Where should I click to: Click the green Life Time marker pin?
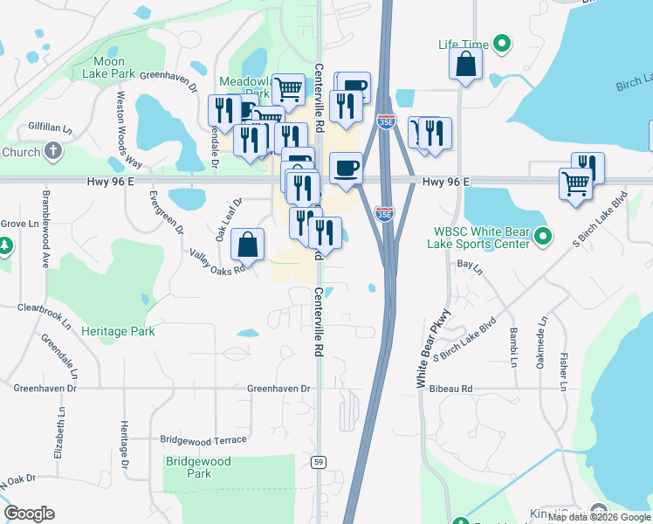pos(502,43)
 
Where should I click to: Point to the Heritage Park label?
pos(118,331)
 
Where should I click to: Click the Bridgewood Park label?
pos(198,467)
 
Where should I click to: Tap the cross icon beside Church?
pos(53,152)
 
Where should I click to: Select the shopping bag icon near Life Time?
pos(466,64)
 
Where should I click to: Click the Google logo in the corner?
pos(29,514)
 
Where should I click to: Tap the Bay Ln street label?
pos(470,263)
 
